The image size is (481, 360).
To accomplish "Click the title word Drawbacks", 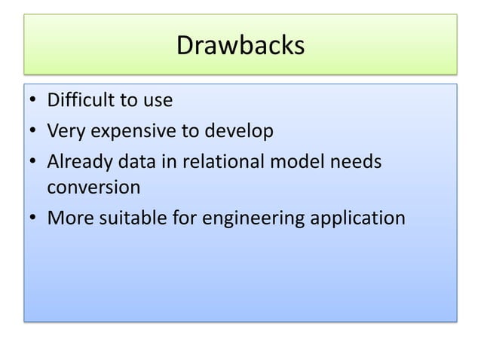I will pos(240,46).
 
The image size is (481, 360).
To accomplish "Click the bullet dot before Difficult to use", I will pos(34,100).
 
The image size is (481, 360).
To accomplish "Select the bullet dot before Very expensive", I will pos(34,133).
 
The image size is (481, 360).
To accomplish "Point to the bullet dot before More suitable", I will pos(34,219).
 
